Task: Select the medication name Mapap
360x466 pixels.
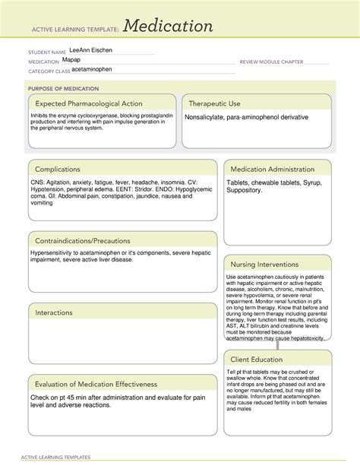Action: tap(71, 59)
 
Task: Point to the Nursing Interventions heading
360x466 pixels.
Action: tap(265, 264)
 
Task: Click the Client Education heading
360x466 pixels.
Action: tap(256, 359)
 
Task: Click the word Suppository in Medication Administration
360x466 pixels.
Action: tap(247, 190)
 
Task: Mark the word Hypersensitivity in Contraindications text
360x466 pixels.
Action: tap(55, 252)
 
